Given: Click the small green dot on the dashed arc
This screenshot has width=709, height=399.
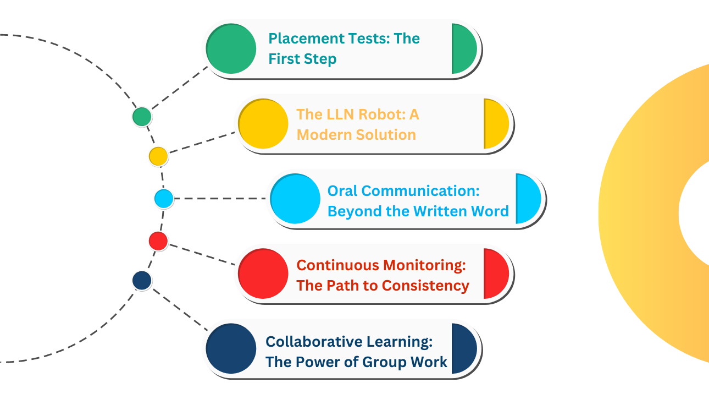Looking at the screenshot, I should pos(142,117).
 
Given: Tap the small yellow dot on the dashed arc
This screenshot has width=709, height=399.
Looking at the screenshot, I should pos(158,156).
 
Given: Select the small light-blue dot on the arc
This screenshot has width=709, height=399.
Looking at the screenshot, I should pos(164,198).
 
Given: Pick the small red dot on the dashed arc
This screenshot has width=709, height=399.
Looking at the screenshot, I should pos(158,241).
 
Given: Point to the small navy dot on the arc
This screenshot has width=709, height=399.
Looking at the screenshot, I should pos(142,281).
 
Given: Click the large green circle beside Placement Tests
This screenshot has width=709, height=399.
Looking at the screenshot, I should pos(231,49).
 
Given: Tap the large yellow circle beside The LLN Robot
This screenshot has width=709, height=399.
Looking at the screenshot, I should pos(263,124).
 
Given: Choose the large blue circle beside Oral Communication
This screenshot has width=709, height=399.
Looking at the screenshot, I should pos(296,199).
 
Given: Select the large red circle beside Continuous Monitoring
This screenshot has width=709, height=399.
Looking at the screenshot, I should pos(263,274).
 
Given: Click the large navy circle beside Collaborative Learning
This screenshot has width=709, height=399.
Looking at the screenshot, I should pos(231,349).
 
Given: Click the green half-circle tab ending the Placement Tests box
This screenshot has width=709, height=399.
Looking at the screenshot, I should pos(463,49).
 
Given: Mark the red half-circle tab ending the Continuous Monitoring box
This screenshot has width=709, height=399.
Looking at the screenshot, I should pos(495,274).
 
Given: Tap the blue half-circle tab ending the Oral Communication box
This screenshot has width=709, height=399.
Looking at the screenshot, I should pos(527,199).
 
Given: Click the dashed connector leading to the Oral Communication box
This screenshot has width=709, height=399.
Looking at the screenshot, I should pos(220,198).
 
